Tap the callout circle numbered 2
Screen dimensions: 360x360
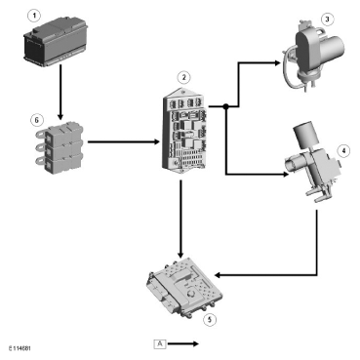[x=184, y=77]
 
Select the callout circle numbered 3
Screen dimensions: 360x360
[x=327, y=20]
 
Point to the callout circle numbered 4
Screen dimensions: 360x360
[x=344, y=151]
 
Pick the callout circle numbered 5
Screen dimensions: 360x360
[x=210, y=319]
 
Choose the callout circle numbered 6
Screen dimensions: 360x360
[x=36, y=120]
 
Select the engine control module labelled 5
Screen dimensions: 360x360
[x=184, y=285]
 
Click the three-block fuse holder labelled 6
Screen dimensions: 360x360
[x=60, y=147]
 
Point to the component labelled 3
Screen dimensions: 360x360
[x=313, y=55]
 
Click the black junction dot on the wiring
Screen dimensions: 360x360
[x=226, y=106]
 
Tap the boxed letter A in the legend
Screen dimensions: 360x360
[x=160, y=343]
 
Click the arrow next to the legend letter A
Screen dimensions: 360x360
[x=183, y=343]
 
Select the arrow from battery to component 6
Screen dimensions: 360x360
[x=60, y=93]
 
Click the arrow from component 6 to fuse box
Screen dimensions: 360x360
[x=124, y=141]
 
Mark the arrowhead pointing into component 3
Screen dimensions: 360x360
[x=277, y=63]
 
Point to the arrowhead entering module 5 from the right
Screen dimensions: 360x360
[x=219, y=275]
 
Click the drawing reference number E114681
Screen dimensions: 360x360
[x=20, y=348]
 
